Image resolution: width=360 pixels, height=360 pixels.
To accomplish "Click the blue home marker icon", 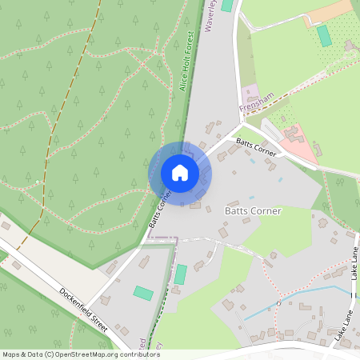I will point(180,173).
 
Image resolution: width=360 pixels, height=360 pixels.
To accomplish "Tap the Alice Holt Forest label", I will point(189,59).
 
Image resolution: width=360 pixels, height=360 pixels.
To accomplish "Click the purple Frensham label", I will point(256,101).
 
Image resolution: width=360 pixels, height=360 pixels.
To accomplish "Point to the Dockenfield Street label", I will point(83,310).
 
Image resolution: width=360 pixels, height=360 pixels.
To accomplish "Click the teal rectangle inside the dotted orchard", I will point(324,35).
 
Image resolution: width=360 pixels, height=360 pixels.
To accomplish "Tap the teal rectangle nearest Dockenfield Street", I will point(144,293).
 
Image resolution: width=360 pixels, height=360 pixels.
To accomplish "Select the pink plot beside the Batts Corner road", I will point(298,144).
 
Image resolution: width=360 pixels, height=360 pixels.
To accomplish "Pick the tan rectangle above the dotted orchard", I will point(328,11).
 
